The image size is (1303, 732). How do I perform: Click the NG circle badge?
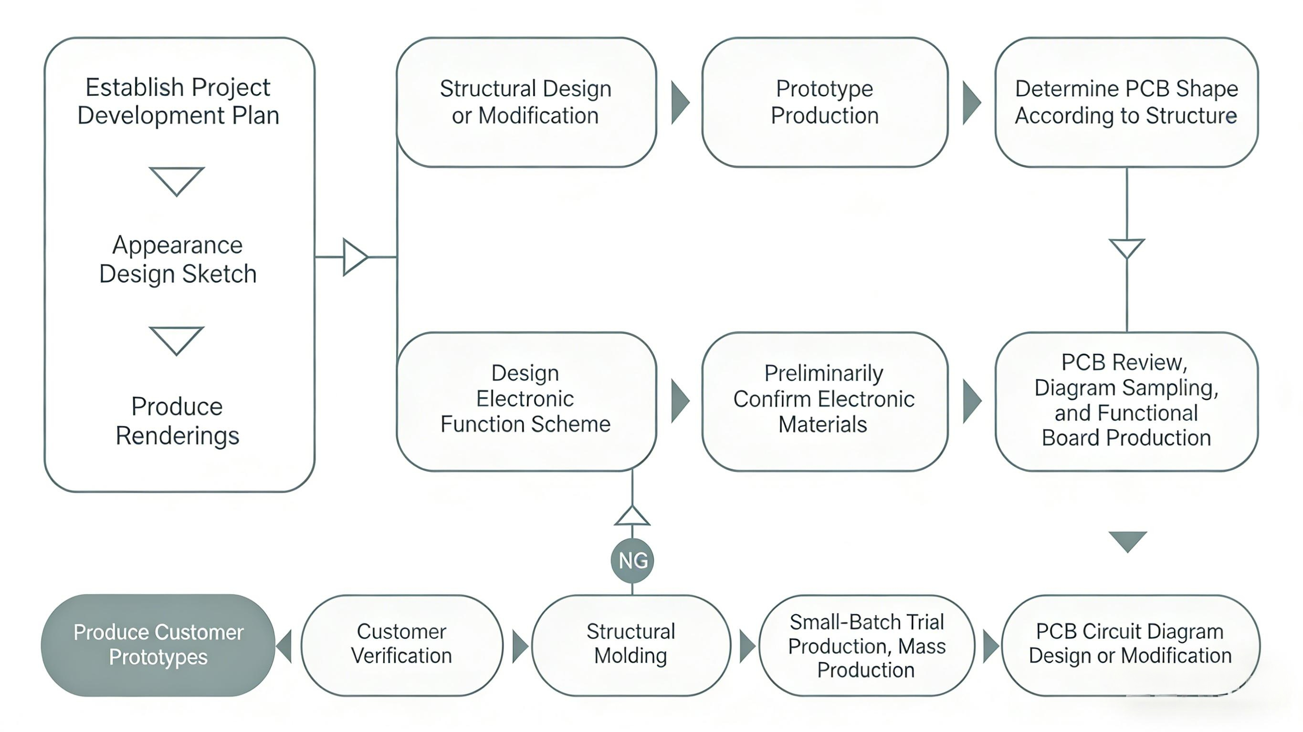(x=632, y=561)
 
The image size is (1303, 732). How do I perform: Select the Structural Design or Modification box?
(x=526, y=102)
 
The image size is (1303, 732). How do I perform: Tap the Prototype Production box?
(x=824, y=102)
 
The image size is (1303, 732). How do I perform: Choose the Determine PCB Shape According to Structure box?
(x=1126, y=102)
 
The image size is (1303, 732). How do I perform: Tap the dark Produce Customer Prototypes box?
(x=158, y=645)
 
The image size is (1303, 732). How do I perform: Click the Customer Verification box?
(x=402, y=645)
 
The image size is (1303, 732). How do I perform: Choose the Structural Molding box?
(x=631, y=645)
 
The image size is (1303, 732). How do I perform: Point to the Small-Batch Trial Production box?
(x=866, y=645)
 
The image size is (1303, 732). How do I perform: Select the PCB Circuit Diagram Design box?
(x=1131, y=645)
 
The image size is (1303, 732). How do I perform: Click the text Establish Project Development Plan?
(x=178, y=101)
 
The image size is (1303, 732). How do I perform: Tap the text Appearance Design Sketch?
(x=178, y=259)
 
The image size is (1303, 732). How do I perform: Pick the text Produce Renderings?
(x=177, y=421)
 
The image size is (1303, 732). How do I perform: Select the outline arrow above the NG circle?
(x=632, y=516)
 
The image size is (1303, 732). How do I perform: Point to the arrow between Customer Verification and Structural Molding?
(x=519, y=646)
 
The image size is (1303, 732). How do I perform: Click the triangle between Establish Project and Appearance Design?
(x=177, y=180)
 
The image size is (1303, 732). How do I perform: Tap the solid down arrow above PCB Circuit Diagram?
(x=1127, y=540)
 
